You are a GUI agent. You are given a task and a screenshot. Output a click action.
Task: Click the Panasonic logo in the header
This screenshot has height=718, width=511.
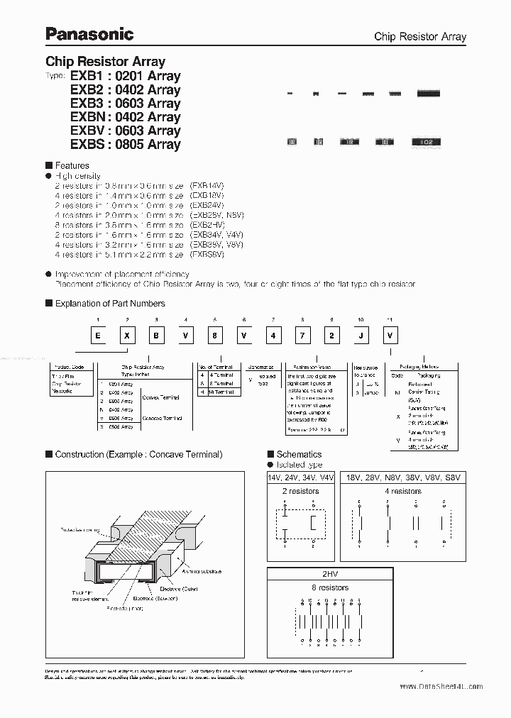[89, 33]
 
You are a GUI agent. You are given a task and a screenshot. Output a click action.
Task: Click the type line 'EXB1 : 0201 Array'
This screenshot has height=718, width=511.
[125, 76]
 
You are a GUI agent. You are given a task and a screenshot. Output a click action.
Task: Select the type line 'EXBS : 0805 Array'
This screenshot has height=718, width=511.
[125, 144]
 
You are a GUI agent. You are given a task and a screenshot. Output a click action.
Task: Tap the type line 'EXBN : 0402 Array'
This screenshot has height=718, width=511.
[125, 117]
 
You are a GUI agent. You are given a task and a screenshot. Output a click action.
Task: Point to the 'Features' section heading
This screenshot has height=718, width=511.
[72, 165]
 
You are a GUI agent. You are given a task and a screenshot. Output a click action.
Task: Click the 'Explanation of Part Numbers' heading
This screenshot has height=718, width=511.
[110, 303]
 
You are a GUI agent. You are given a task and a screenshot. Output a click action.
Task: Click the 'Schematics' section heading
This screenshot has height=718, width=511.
[299, 454]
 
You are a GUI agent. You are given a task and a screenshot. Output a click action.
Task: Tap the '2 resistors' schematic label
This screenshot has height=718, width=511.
[301, 491]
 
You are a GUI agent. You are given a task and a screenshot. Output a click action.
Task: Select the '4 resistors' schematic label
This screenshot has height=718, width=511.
[403, 491]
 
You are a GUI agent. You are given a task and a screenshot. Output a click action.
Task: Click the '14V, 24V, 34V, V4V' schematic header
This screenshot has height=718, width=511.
[301, 477]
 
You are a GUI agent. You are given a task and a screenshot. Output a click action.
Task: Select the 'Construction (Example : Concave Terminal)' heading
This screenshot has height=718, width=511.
[138, 454]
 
